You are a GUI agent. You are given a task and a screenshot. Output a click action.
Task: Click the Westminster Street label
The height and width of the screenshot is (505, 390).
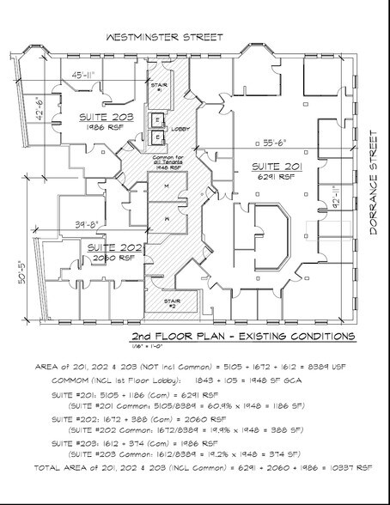coord(163,37)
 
